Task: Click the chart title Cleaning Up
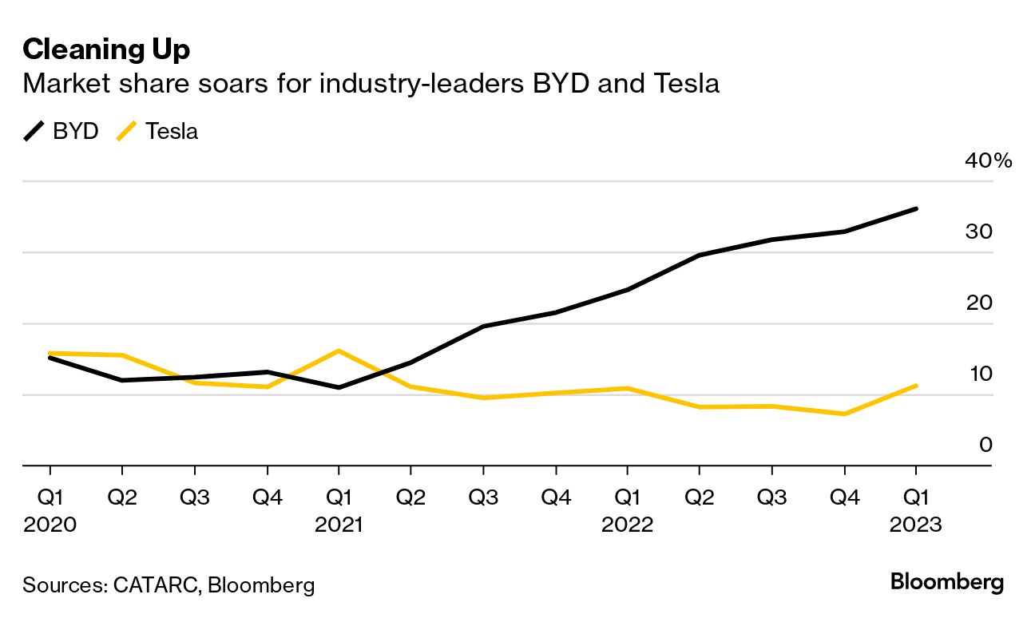106,50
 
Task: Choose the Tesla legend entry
157,131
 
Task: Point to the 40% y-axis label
988,161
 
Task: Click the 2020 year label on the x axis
50,525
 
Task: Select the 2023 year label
916,525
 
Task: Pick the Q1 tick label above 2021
339,497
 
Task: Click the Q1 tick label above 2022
628,497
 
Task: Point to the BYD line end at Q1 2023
916,209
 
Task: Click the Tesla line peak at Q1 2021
339,351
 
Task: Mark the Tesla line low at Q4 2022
844,414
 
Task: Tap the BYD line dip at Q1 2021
339,387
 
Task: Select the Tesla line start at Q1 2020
50,353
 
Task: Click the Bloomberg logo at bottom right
946,582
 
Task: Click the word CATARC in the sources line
156,584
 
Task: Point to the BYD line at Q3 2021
483,326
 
